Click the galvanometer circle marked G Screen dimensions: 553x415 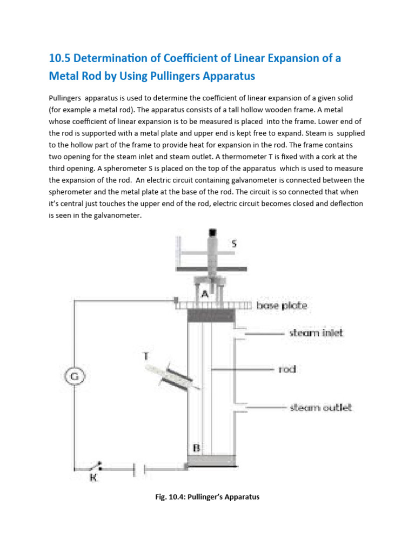point(76,375)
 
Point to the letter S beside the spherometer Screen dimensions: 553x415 point(233,244)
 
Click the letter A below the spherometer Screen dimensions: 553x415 point(204,294)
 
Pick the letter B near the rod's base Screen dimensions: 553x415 point(197,448)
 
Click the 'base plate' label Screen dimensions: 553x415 point(282,306)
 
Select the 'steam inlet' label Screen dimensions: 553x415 point(316,333)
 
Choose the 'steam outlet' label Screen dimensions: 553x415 point(321,407)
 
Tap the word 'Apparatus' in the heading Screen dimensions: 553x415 point(227,77)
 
